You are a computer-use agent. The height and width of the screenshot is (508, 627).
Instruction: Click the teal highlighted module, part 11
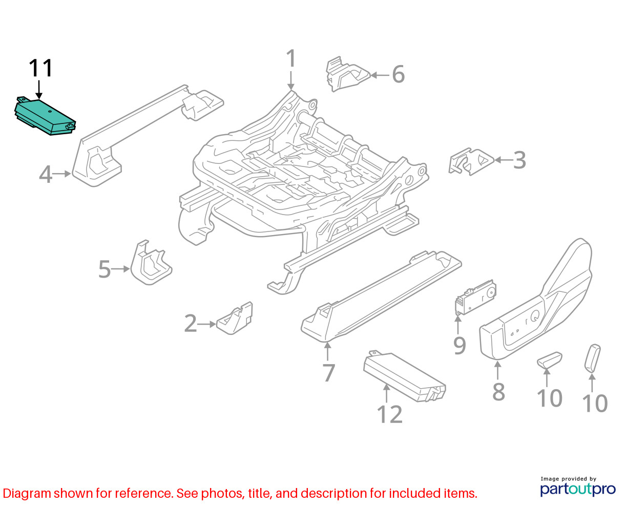45,116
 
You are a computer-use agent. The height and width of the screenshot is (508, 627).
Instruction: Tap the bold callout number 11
40,68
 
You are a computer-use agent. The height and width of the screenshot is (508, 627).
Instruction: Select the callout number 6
398,74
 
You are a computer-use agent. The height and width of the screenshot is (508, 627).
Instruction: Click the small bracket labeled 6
347,74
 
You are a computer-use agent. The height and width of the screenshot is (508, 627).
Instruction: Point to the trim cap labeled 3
471,162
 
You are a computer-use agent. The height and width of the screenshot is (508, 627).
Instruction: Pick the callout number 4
46,174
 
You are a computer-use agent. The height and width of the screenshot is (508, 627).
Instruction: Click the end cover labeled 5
151,263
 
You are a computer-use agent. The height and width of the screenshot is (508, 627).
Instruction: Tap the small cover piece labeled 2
235,319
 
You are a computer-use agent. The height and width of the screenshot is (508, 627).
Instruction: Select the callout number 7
329,373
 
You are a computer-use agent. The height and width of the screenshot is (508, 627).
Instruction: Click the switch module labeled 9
475,297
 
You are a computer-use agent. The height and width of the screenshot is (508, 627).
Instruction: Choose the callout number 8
498,392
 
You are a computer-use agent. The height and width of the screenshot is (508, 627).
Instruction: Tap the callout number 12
390,414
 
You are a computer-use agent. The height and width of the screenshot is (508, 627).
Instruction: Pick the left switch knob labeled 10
549,359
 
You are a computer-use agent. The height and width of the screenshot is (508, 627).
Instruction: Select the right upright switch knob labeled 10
593,357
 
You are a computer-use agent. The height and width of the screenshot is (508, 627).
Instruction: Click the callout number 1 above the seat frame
291,58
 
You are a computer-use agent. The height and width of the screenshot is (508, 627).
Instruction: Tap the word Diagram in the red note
27,494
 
